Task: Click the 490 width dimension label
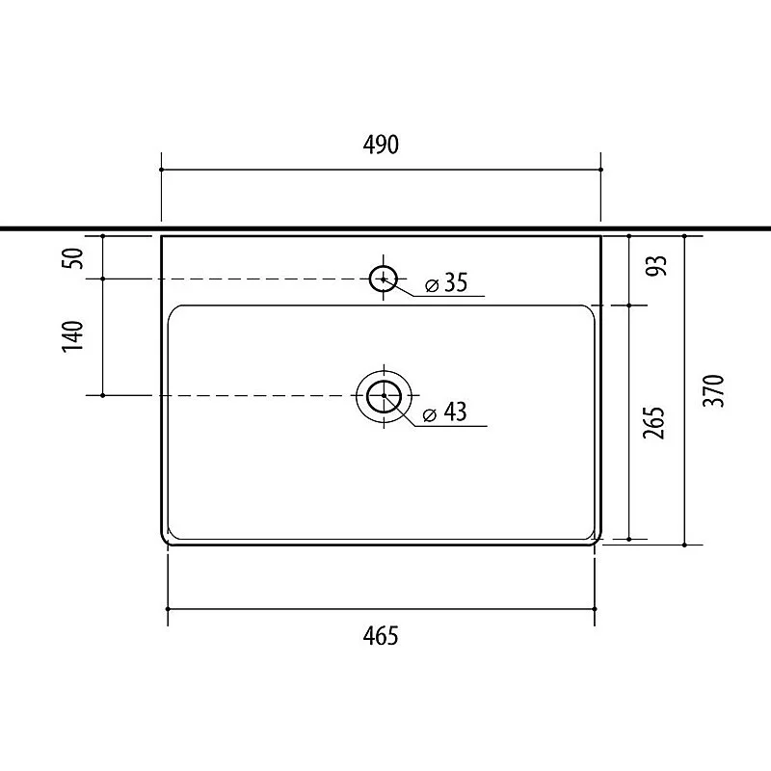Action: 381,145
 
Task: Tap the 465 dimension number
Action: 381,636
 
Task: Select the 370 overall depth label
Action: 714,391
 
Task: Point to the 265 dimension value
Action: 654,422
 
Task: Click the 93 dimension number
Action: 657,266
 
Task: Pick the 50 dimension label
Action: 73,258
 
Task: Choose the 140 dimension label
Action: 73,336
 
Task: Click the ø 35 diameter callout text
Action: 446,282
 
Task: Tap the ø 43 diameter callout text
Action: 444,412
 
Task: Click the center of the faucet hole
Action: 384,279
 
